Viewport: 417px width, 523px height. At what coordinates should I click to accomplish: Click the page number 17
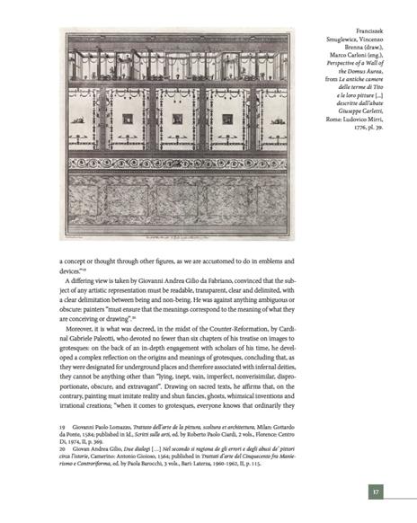(377, 492)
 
